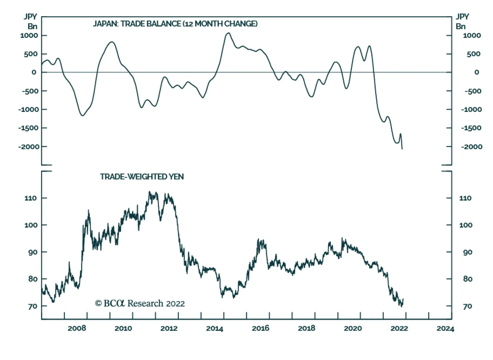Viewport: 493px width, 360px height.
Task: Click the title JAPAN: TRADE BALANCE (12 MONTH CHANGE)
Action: [x=175, y=24]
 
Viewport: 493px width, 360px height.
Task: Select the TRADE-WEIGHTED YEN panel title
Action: [x=142, y=177]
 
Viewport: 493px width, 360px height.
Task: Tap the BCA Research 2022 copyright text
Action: [x=140, y=304]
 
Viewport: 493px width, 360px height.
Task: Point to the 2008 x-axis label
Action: [x=77, y=328]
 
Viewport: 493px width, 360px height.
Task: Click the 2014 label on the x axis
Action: [x=214, y=328]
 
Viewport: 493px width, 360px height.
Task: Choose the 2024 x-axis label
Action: [x=445, y=328]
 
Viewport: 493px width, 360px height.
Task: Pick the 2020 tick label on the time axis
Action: [x=353, y=328]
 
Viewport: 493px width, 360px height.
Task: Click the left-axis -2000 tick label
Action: [x=29, y=147]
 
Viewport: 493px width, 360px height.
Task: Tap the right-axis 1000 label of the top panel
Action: [x=471, y=35]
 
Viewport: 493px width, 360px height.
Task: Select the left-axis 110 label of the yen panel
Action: [x=31, y=198]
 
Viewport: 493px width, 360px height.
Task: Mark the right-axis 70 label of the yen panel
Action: [x=467, y=306]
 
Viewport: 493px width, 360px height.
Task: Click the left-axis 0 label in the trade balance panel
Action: [x=34, y=72]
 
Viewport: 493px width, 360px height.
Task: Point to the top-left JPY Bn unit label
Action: [x=31, y=21]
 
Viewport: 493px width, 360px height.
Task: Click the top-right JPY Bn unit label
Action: [x=462, y=21]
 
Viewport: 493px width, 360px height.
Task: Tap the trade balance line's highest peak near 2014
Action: [x=228, y=33]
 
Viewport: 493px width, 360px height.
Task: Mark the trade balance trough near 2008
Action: [x=83, y=116]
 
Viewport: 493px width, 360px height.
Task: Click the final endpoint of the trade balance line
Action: [x=402, y=149]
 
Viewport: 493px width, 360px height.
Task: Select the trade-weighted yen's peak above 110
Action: [x=149, y=192]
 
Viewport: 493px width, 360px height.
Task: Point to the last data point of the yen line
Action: [x=403, y=299]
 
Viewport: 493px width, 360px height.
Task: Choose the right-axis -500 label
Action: [x=472, y=91]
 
